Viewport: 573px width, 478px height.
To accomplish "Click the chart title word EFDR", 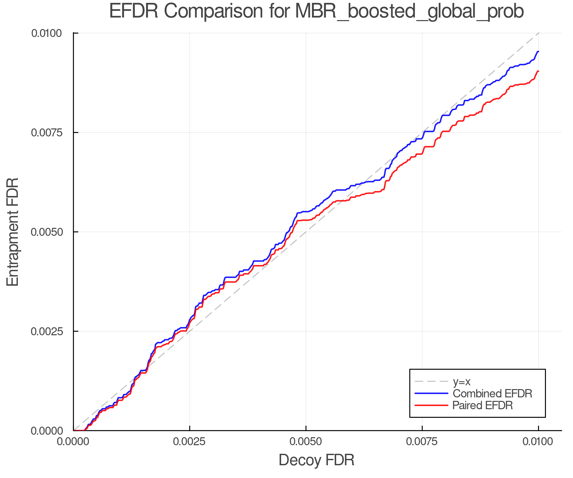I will [133, 11].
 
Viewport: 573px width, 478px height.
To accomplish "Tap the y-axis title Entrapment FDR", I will [13, 232].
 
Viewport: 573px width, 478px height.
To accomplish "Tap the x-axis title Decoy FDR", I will [316, 460].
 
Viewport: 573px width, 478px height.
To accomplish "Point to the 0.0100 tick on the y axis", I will [51, 33].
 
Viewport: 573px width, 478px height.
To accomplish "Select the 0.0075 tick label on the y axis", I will [51, 133].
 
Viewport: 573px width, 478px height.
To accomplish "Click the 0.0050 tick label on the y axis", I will [51, 232].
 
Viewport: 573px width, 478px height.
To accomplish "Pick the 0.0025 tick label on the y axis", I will [51, 331].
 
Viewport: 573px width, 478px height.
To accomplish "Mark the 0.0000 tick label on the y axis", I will [51, 431].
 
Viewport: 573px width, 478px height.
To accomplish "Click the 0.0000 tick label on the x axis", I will [74, 442].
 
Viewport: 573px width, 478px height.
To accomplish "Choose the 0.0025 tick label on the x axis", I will [190, 442].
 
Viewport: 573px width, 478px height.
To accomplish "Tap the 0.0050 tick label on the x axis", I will [306, 442].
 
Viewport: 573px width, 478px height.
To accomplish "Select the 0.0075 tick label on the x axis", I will [422, 442].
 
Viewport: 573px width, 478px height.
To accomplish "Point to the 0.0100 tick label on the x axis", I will [538, 442].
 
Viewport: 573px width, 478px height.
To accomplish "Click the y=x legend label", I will [461, 381].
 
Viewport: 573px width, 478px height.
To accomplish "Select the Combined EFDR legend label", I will [492, 394].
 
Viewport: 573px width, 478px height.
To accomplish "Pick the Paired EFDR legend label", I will [483, 405].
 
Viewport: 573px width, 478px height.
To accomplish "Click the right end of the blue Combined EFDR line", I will [538, 52].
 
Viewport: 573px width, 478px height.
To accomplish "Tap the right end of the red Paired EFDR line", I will [538, 71].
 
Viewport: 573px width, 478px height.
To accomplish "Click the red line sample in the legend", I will [431, 405].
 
